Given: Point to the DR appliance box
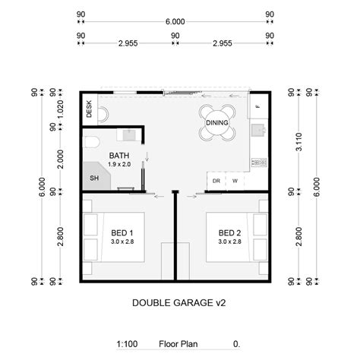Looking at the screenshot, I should (216, 181).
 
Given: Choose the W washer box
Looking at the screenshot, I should (235, 181).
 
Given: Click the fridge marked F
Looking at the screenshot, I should (257, 106).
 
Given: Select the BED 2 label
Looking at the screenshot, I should (229, 232).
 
